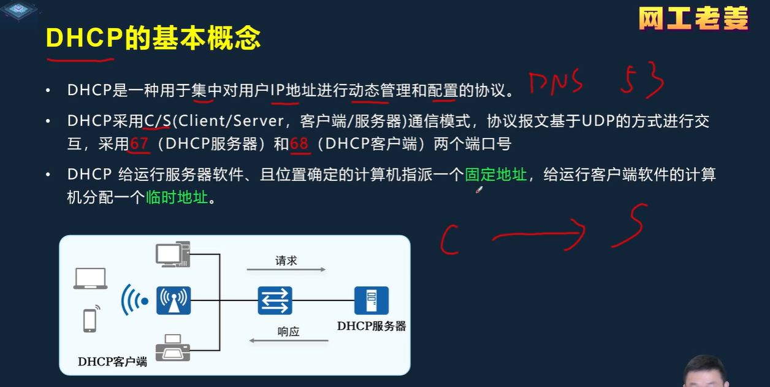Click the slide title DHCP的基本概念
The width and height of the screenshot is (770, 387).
[x=153, y=38]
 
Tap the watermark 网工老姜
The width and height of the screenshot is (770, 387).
[x=693, y=19]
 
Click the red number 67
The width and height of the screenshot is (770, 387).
[x=139, y=144]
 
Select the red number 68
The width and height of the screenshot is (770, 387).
[x=299, y=144]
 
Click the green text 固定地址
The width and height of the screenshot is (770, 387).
[x=495, y=175]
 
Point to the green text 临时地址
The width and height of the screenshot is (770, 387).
[x=177, y=197]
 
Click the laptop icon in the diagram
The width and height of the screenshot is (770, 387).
[x=90, y=278]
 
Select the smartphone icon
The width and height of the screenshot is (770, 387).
[x=90, y=320]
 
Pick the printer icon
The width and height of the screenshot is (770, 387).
[x=173, y=348]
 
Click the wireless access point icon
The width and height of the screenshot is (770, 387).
[x=173, y=301]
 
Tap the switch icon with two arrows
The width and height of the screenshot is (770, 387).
[x=275, y=301]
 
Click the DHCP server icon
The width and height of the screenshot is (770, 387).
[x=371, y=301]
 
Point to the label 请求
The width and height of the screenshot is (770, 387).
[x=286, y=261]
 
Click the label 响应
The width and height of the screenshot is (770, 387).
[x=288, y=332]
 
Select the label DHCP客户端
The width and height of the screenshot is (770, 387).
[x=112, y=362]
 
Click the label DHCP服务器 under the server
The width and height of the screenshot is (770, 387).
[x=372, y=326]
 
